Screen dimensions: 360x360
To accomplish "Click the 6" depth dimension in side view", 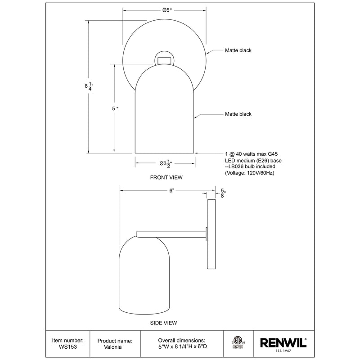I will pos(171,191).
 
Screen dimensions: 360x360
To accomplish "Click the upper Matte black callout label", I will pos(238,51).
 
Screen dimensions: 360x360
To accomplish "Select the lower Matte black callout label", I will pos(238,114).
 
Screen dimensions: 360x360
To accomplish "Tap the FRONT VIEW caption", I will pos(166,178).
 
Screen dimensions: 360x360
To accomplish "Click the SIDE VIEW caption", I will pos(163,323).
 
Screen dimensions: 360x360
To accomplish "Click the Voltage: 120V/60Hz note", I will pos(249,173).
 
